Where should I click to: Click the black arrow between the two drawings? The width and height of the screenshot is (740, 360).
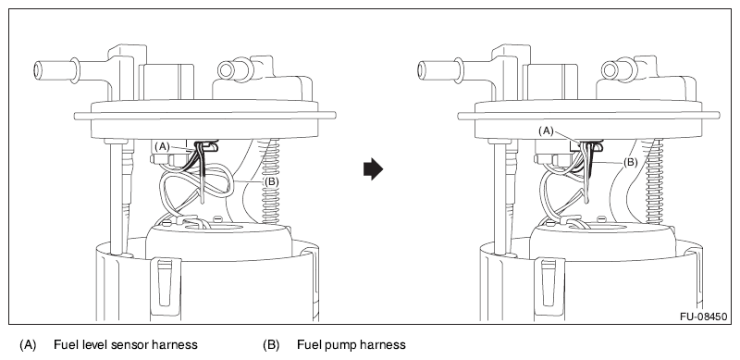tap(373, 169)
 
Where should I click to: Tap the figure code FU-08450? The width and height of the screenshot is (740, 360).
tap(703, 317)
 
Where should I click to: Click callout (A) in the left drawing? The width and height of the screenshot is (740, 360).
tap(162, 147)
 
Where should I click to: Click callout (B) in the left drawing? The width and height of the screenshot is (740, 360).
tap(271, 181)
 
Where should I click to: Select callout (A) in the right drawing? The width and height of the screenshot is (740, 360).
tap(546, 131)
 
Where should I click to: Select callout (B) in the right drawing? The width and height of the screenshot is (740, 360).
tap(631, 163)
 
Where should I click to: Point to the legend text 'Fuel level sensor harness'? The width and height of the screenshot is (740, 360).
tap(126, 345)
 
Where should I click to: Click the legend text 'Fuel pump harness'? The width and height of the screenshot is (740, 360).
tap(351, 345)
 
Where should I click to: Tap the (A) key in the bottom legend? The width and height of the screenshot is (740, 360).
tap(28, 345)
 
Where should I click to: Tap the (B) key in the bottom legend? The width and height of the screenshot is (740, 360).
tap(271, 345)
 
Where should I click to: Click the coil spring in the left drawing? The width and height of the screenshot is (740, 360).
tap(270, 181)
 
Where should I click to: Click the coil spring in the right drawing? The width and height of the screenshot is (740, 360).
tap(655, 181)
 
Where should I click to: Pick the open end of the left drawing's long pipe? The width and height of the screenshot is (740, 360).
tap(38, 70)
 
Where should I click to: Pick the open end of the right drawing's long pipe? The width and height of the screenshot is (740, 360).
tap(422, 70)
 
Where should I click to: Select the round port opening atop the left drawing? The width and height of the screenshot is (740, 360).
tap(226, 70)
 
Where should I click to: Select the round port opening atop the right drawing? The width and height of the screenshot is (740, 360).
tap(610, 70)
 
